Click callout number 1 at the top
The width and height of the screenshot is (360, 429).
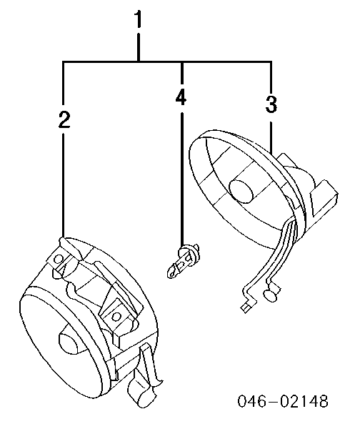139,19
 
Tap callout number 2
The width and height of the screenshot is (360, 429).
64,119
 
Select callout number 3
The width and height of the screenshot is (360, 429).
271,104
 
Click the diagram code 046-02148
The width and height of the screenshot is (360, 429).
283,401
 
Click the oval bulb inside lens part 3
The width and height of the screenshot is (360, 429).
241,191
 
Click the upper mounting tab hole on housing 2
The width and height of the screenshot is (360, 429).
59,258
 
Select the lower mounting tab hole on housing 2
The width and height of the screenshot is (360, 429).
116,317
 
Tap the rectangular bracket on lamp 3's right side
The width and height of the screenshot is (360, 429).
324,197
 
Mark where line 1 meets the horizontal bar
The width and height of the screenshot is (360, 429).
139,61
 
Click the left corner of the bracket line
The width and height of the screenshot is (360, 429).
64,62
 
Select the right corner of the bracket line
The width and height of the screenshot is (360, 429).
271,62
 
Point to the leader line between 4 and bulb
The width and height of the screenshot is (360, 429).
181,178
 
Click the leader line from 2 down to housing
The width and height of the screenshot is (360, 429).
63,185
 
